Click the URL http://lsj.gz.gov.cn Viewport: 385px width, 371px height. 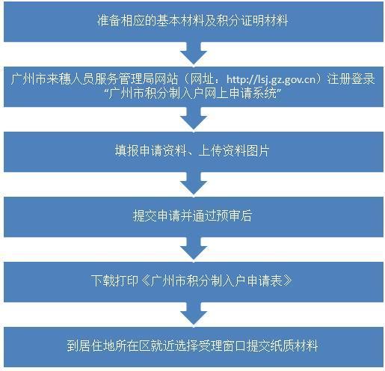click(x=271, y=79)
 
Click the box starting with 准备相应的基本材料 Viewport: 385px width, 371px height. click(x=194, y=21)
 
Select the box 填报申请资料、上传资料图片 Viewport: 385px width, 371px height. click(x=194, y=152)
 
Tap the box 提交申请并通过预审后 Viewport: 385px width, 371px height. click(x=194, y=217)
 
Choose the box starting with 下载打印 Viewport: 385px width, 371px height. click(x=194, y=282)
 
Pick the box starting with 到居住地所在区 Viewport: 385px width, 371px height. click(x=194, y=347)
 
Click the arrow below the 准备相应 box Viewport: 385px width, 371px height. click(x=194, y=54)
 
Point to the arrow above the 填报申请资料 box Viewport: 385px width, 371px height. click(x=194, y=119)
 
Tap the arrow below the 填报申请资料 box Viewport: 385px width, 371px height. click(x=194, y=184)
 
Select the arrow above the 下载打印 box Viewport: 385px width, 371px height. click(x=194, y=249)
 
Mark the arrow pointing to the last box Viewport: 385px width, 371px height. click(x=194, y=314)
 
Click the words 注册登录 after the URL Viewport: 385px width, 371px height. click(x=351, y=79)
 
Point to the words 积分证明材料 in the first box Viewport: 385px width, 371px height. click(x=252, y=20)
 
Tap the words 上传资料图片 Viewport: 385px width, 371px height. click(x=233, y=151)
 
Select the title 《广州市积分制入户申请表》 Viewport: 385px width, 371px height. click(x=216, y=280)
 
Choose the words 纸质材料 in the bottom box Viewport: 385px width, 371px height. click(x=294, y=346)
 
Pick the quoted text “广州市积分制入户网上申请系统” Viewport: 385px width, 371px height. click(x=192, y=93)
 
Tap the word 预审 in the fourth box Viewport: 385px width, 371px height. click(x=228, y=216)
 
